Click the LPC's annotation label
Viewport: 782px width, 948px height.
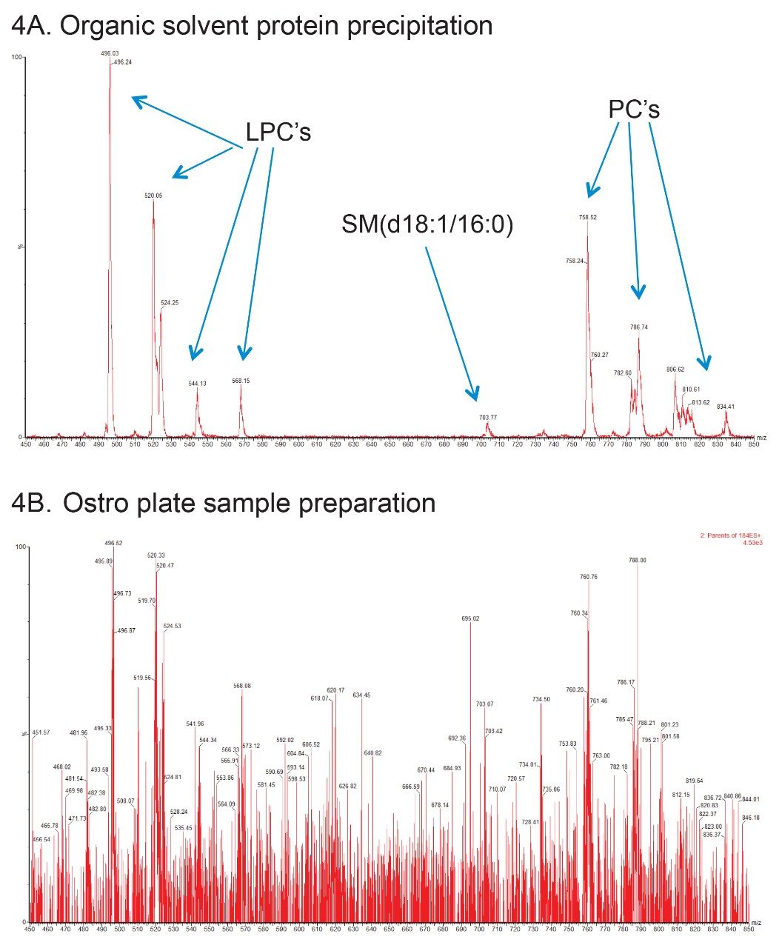click(x=278, y=133)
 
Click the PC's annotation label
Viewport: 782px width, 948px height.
click(x=634, y=110)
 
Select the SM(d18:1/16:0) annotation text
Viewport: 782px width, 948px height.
click(x=427, y=225)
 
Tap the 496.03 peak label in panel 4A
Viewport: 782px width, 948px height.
click(x=110, y=53)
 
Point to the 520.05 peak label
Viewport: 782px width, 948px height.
click(x=153, y=196)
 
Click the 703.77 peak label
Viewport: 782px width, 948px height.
click(x=487, y=418)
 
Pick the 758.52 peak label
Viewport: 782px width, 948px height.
click(x=588, y=218)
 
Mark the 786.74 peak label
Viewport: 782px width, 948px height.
click(x=639, y=327)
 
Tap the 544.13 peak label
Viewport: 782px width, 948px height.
click(x=197, y=384)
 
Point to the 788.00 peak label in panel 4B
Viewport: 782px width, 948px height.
click(x=637, y=561)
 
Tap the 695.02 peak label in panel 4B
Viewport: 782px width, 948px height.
click(x=470, y=618)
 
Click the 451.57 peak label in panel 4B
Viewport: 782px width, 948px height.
click(x=41, y=732)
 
